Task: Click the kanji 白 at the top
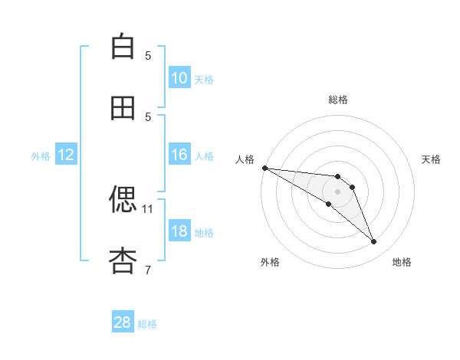click(x=123, y=47)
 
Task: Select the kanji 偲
click(x=123, y=200)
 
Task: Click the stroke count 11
click(x=148, y=208)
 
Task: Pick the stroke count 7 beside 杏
click(x=148, y=270)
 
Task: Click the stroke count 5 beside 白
click(x=148, y=55)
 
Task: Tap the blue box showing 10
click(x=179, y=78)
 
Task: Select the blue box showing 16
click(x=179, y=155)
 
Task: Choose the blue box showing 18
click(x=179, y=231)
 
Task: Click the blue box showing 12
click(x=66, y=155)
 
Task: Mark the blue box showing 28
click(x=123, y=322)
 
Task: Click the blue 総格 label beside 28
click(x=147, y=324)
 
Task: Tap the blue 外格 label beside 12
click(x=41, y=156)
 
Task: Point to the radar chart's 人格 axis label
click(x=245, y=159)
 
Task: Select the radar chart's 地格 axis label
click(x=402, y=262)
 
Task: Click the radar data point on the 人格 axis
click(x=264, y=168)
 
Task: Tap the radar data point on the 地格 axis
click(x=373, y=242)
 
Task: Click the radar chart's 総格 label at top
click(x=337, y=100)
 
